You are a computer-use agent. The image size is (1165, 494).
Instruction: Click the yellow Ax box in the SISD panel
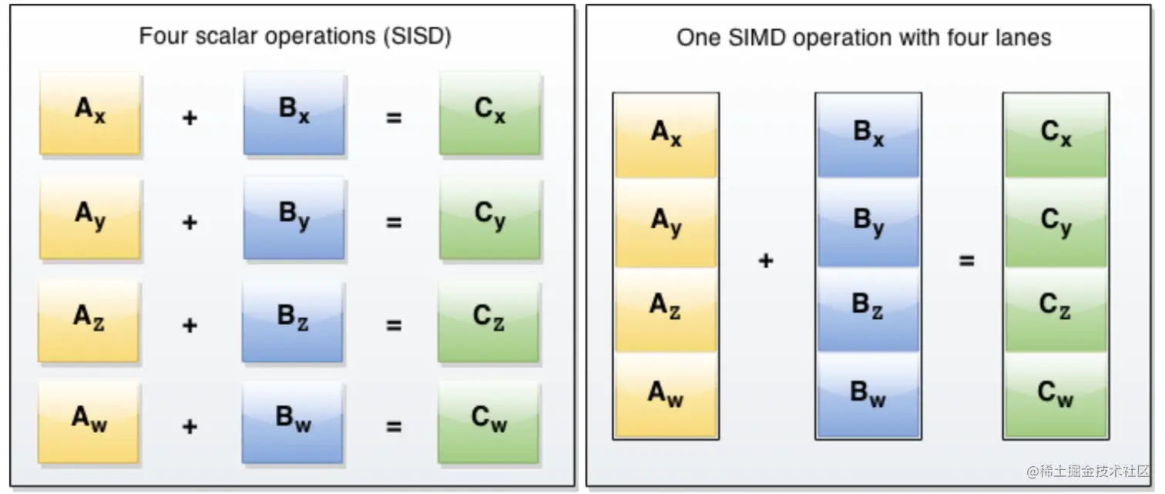[90, 113]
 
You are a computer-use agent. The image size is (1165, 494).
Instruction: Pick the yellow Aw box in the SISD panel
[89, 422]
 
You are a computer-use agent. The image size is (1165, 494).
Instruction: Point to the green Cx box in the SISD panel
[490, 113]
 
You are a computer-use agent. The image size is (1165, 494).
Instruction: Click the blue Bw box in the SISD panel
[292, 422]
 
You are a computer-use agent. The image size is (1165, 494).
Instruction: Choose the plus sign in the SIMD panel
[766, 261]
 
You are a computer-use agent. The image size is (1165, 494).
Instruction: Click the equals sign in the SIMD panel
[966, 261]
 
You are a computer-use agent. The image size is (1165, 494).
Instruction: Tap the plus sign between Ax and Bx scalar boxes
[190, 118]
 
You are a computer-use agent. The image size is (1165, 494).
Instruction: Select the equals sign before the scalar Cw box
[394, 425]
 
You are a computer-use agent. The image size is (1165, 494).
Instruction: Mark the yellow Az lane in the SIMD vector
[666, 308]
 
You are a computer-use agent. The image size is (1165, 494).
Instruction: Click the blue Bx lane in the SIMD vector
[868, 136]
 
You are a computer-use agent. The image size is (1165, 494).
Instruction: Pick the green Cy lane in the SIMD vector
[1056, 222]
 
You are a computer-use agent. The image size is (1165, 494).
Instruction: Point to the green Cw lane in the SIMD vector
[1056, 395]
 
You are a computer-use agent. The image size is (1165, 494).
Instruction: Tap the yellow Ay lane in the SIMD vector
[666, 222]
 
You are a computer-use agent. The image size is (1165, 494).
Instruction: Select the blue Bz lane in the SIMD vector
[868, 308]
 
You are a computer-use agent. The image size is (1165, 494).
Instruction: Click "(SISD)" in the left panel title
[416, 37]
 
